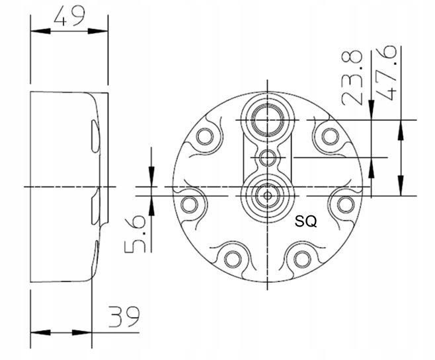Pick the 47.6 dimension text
[x=390, y=72]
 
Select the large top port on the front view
[x=267, y=119]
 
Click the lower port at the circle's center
[x=267, y=196]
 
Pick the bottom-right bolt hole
[x=301, y=259]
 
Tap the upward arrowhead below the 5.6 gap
[x=152, y=204]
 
